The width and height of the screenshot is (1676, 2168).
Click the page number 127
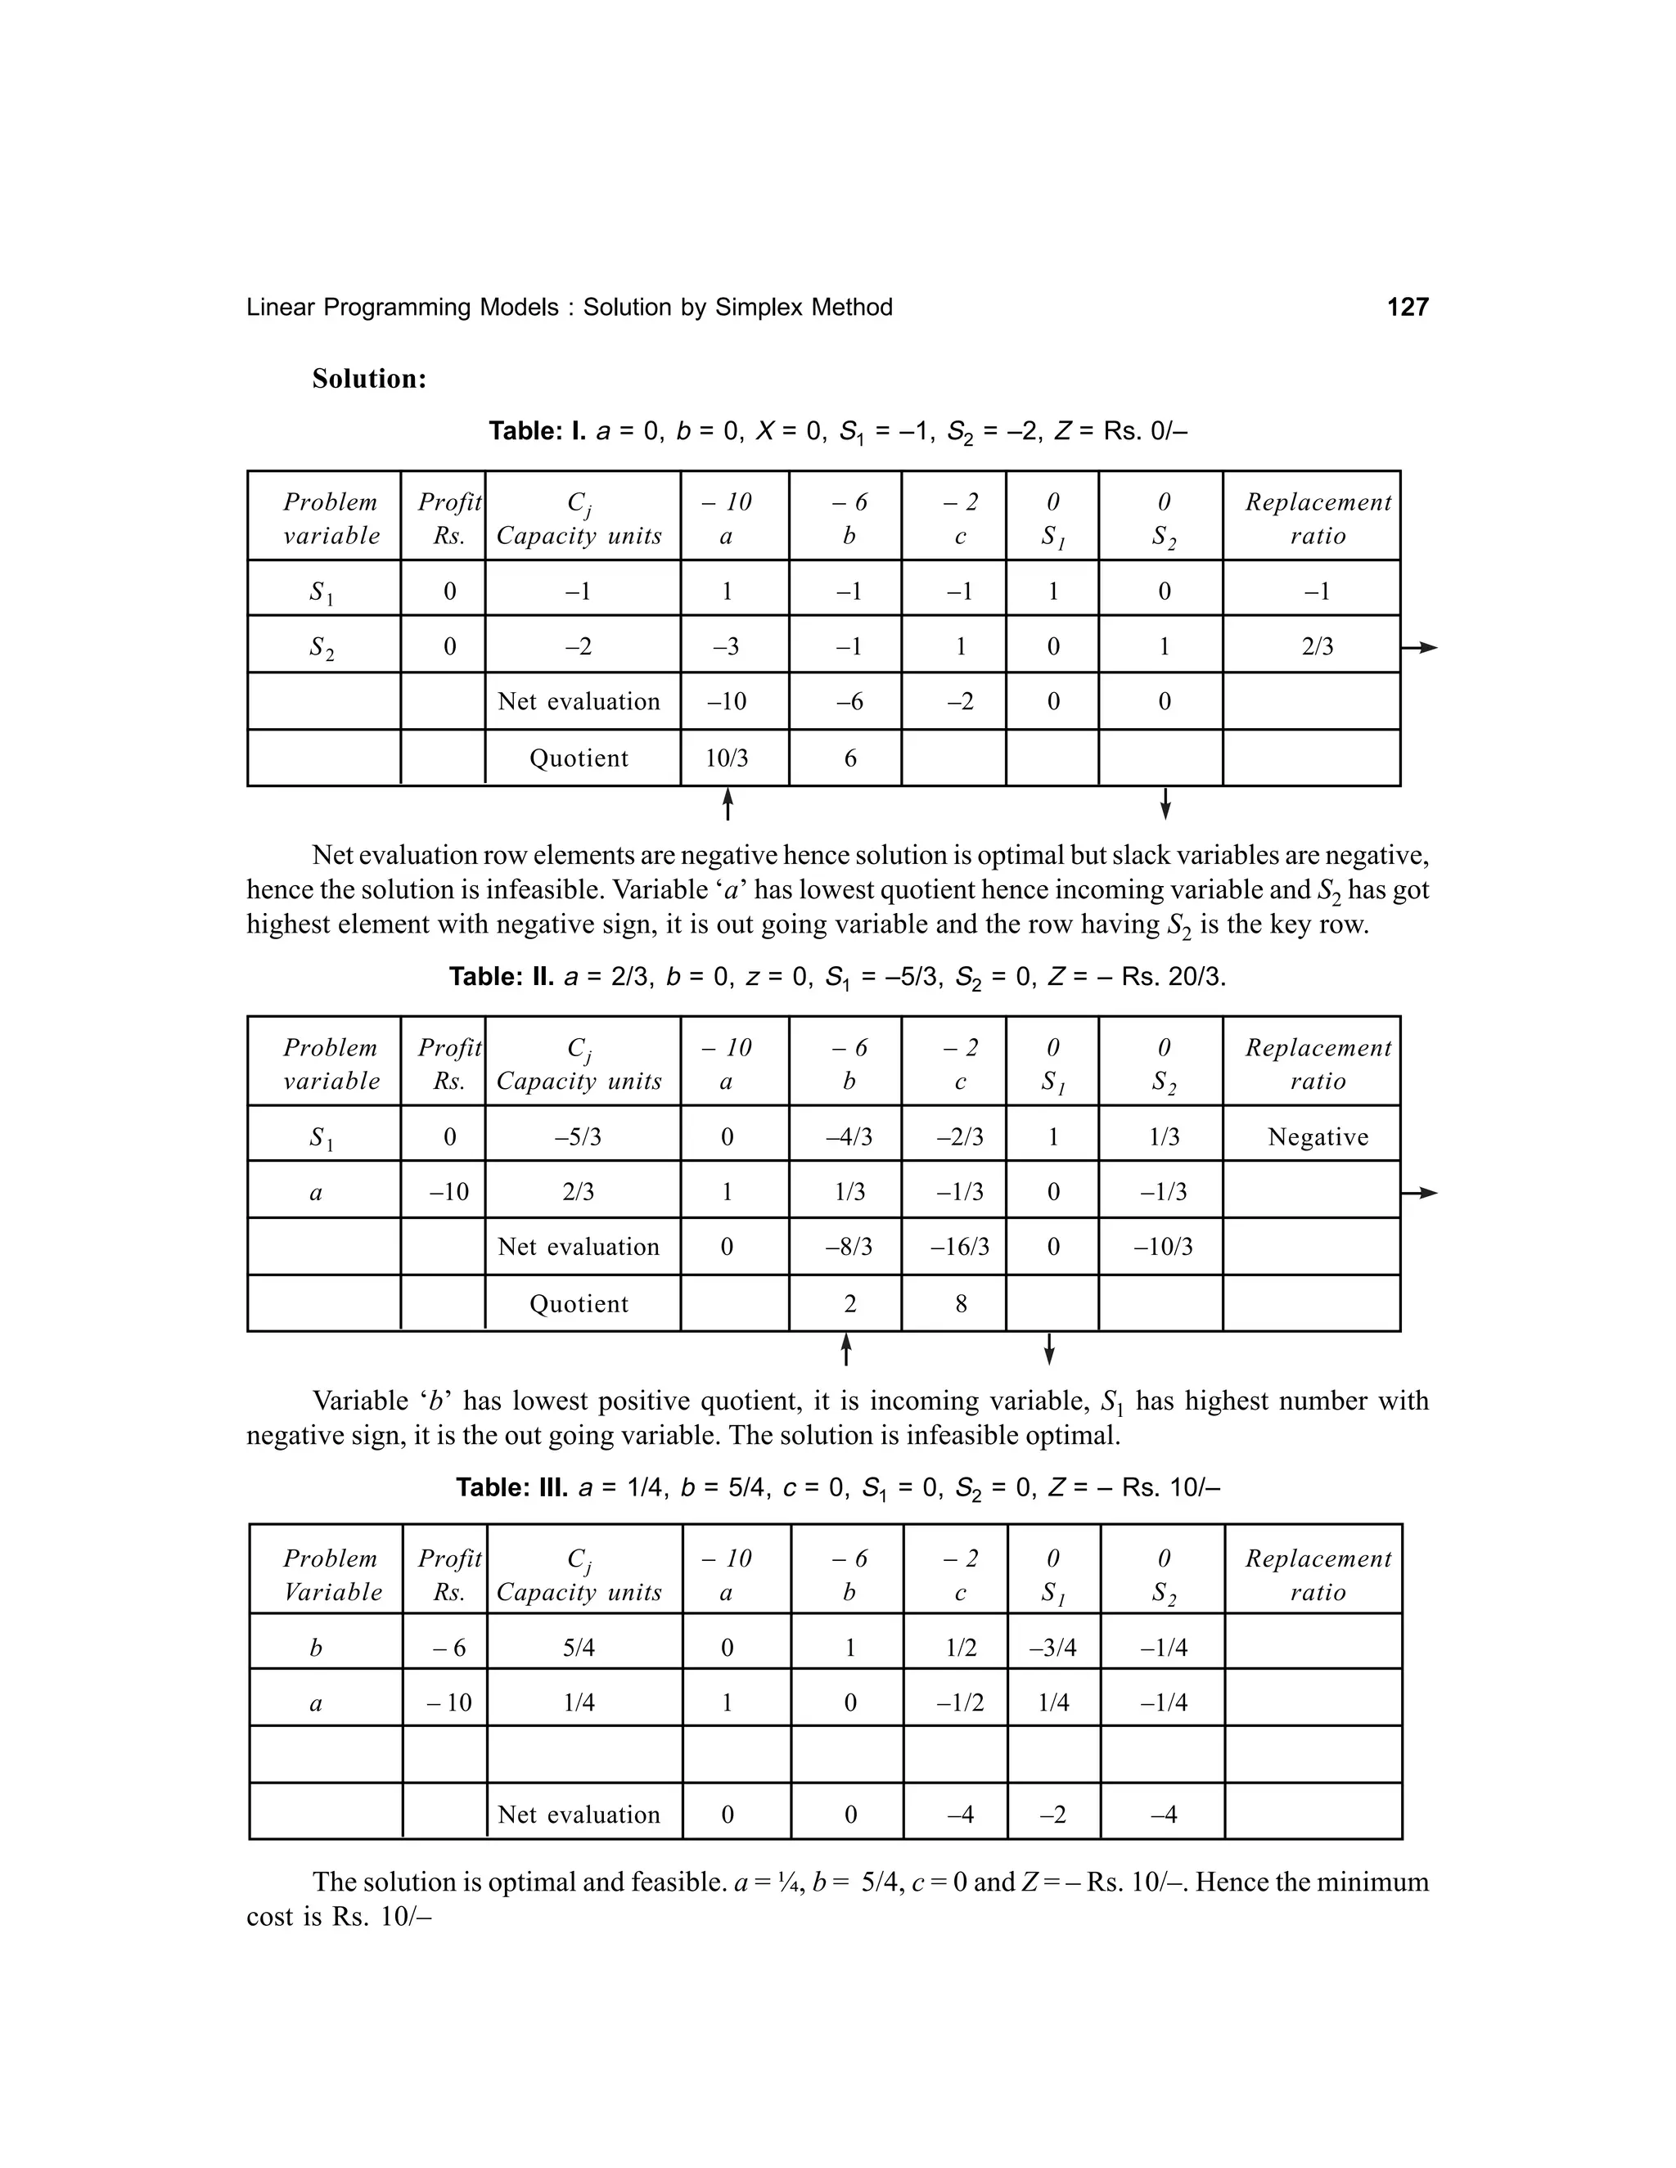click(x=1407, y=308)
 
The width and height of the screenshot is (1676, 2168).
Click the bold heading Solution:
click(x=369, y=380)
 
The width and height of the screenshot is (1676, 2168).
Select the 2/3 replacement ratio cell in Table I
click(x=1318, y=647)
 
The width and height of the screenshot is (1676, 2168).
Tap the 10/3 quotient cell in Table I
click(x=727, y=759)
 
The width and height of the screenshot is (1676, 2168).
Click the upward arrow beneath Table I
click(x=728, y=804)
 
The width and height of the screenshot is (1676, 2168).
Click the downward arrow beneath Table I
click(x=1165, y=804)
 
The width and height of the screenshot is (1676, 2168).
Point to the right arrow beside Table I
click(x=1420, y=648)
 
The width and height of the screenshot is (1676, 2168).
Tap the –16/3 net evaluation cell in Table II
click(x=959, y=1248)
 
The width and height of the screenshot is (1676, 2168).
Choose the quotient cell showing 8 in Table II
click(x=960, y=1304)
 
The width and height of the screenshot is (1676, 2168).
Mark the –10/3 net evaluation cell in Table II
click(x=1164, y=1248)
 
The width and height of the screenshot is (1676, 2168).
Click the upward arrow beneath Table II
click(x=846, y=1350)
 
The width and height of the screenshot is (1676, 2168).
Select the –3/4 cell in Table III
click(x=1052, y=1648)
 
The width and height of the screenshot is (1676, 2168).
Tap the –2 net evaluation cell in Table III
click(x=1052, y=1815)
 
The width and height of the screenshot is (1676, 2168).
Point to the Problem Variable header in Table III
click(x=331, y=1576)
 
